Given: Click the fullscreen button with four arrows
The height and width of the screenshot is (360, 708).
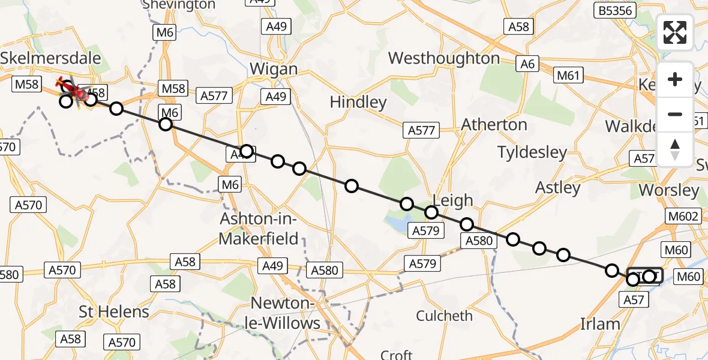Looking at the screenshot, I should click(x=675, y=32).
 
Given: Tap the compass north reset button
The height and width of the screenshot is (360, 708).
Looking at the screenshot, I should click(x=675, y=149).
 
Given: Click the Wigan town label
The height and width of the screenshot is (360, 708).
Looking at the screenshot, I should click(x=274, y=68).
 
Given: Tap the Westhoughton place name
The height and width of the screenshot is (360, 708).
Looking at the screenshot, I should click(x=444, y=58).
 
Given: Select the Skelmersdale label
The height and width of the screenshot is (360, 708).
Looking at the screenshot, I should click(x=51, y=58).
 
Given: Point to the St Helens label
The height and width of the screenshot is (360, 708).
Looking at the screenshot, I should click(x=114, y=312).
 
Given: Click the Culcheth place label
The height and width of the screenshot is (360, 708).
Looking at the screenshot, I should click(x=445, y=316).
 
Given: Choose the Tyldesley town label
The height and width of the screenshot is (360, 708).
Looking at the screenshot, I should click(x=532, y=152).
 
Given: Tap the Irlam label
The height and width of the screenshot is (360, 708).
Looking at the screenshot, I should click(x=600, y=324).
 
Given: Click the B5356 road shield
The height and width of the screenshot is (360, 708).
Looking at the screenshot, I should click(x=614, y=10).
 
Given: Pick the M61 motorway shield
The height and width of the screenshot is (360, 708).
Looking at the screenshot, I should click(x=568, y=75).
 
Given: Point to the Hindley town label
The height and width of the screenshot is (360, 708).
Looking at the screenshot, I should click(x=358, y=102).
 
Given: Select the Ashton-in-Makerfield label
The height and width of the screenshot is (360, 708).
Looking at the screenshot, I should click(x=259, y=228).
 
